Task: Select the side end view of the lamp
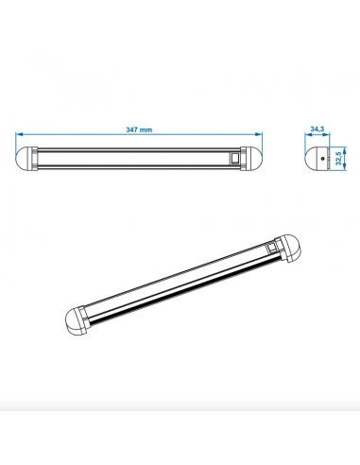tap(321, 159)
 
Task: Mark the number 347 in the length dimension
tap(131, 130)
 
